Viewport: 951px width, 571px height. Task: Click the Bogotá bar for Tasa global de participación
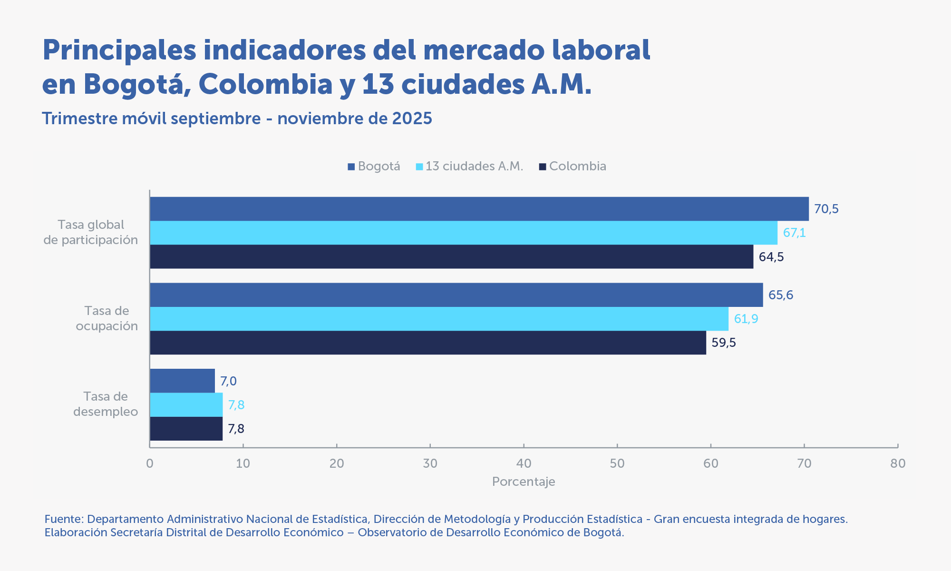479,209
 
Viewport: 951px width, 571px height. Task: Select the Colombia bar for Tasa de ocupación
427,343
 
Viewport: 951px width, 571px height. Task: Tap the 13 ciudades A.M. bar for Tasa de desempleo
186,405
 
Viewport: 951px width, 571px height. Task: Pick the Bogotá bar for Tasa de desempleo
182,381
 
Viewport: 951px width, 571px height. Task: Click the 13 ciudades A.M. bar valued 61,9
439,319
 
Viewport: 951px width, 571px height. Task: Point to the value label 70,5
826,209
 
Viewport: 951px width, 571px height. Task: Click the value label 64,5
771,257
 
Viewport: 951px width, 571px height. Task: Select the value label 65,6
781,295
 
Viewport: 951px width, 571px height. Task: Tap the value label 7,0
228,381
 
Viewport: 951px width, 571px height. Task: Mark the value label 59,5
724,343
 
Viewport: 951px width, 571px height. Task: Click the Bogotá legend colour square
351,167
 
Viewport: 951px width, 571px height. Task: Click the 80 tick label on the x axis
898,463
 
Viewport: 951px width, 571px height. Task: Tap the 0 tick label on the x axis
150,463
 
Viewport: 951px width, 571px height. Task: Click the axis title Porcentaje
524,482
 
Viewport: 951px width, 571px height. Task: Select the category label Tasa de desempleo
106,404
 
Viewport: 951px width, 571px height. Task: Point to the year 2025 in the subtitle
412,118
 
